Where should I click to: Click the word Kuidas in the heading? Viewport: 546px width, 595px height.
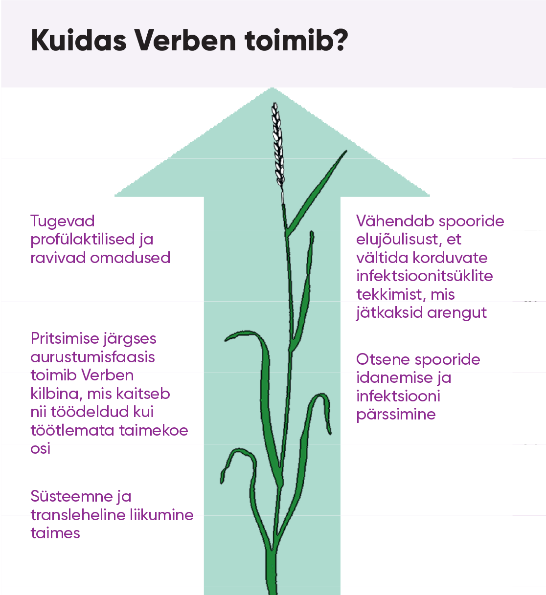79,40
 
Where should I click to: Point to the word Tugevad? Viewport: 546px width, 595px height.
62,221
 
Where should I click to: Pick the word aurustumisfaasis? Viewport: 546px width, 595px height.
92,357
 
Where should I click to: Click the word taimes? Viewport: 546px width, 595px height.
55,533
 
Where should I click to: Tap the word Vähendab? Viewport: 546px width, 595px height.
395,221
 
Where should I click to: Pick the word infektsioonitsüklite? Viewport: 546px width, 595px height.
424,276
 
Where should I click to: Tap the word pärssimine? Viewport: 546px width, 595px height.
396,415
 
